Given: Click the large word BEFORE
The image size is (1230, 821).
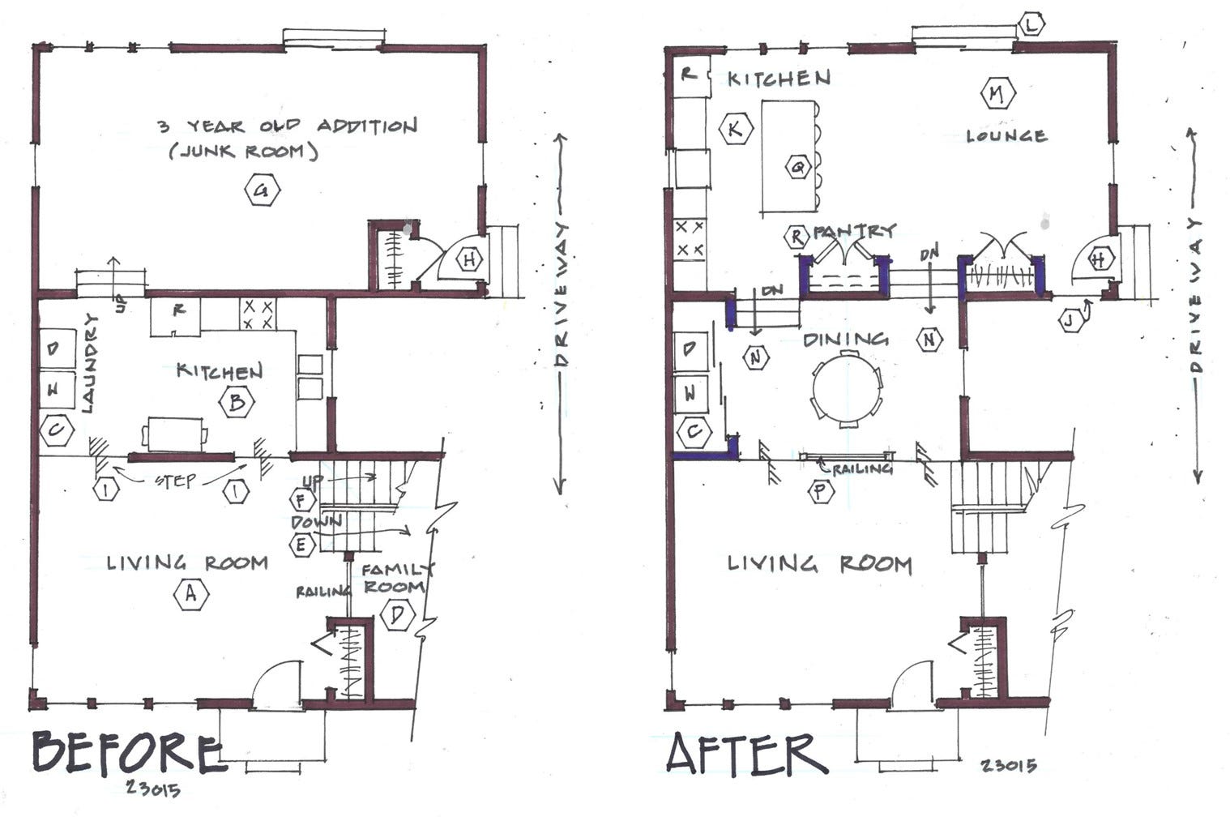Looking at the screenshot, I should click(x=126, y=754).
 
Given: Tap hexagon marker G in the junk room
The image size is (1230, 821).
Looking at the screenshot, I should click(x=261, y=191).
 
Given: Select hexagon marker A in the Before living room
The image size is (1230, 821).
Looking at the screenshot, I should click(x=191, y=594).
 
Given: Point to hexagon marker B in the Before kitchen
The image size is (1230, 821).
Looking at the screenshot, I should click(x=237, y=403).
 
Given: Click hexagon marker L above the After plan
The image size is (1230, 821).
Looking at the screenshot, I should click(x=1031, y=25).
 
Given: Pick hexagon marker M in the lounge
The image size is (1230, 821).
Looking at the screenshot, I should click(x=996, y=94).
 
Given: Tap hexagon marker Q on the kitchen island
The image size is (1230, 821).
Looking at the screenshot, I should click(x=799, y=168).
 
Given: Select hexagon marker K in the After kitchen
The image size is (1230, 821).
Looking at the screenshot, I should click(x=736, y=128).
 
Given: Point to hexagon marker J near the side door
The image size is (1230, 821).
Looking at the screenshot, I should click(x=1071, y=321).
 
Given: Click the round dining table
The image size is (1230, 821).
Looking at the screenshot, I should click(x=848, y=388).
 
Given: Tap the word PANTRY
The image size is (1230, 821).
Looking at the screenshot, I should click(x=854, y=231).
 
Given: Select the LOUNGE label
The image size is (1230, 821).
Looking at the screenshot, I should click(x=1006, y=136).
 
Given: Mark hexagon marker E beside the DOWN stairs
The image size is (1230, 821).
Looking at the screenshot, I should click(x=302, y=545).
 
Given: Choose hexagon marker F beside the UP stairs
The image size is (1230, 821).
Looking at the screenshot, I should click(x=302, y=501).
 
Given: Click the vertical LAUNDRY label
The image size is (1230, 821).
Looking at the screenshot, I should click(x=89, y=364).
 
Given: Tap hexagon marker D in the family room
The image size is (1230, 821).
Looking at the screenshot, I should click(x=397, y=615).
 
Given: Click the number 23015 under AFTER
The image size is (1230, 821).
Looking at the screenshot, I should click(x=1008, y=765).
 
